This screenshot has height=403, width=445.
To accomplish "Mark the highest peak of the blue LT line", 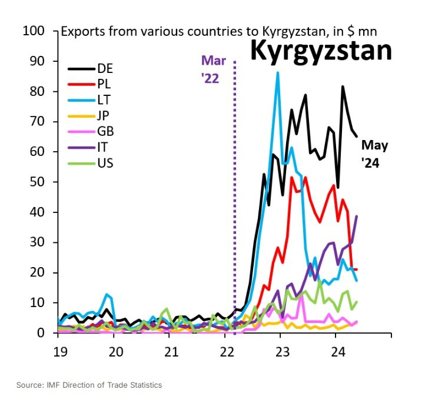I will (x=278, y=73).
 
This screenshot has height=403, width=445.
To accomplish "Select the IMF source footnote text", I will (x=89, y=385).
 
